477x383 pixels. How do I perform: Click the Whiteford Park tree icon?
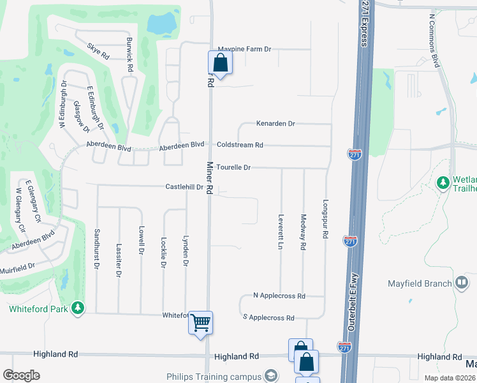[78, 309]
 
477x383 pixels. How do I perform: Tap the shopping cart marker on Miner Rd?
[200, 322]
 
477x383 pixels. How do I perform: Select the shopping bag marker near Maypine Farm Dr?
[220, 63]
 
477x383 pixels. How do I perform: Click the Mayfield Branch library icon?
[462, 283]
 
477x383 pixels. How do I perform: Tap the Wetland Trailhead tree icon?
[443, 184]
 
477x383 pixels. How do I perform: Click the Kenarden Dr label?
[275, 123]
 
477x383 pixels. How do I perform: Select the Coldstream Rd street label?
[240, 145]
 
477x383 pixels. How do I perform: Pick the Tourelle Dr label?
[233, 167]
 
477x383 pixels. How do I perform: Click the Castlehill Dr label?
[184, 188]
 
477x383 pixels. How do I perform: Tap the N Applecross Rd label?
[279, 296]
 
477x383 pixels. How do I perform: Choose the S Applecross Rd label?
[268, 317]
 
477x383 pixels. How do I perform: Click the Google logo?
[21, 375]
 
